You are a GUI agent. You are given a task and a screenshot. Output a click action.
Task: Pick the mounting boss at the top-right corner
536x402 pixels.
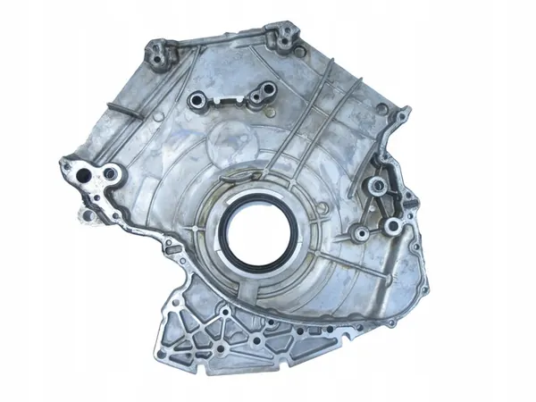(x=283, y=36)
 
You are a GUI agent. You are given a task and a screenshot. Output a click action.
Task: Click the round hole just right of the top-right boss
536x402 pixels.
(x=306, y=47)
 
